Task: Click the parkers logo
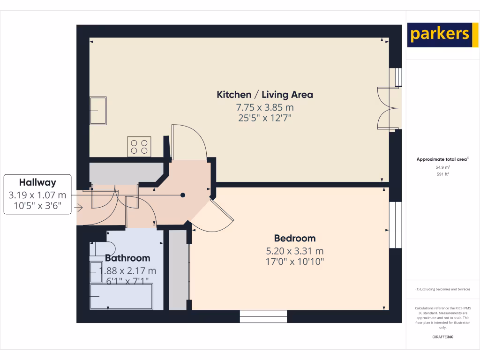tap(439, 35)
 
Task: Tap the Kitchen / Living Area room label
tap(264, 95)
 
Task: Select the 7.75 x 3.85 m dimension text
tap(264, 107)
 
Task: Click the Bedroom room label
tap(294, 238)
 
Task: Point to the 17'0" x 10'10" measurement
tap(294, 261)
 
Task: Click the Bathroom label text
tap(127, 258)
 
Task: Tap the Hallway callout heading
tap(37, 183)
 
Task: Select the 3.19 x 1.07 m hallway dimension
tap(37, 195)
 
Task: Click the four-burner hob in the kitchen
tap(139, 146)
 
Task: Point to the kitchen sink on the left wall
tap(98, 110)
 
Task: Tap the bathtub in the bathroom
tap(122, 297)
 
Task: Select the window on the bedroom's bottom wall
tap(263, 316)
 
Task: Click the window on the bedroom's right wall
tap(396, 225)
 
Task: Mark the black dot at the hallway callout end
tap(183, 195)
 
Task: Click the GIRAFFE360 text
tap(442, 337)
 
